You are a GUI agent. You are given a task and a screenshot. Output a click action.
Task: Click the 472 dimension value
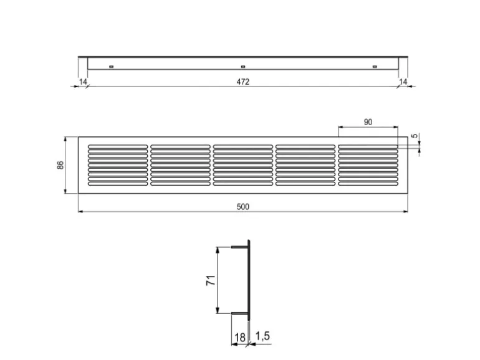point(243,82)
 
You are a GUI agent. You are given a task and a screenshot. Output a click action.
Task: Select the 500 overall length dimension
point(243,207)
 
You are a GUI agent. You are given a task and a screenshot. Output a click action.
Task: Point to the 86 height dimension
point(60,166)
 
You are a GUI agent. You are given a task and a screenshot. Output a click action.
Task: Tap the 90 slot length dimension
point(368,122)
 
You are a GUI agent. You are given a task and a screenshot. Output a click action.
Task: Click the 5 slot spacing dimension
point(414,136)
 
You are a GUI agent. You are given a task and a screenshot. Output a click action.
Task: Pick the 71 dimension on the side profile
point(210,281)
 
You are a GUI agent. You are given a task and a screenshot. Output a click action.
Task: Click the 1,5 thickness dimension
point(262,336)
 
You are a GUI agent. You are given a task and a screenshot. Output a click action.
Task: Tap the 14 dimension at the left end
point(83,82)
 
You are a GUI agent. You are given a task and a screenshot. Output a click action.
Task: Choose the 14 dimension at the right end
point(403,82)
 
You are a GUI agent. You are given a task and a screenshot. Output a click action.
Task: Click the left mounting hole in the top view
point(112,67)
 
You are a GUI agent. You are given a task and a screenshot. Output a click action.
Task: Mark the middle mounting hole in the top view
point(243,67)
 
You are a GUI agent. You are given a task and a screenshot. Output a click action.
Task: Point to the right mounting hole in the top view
point(375,67)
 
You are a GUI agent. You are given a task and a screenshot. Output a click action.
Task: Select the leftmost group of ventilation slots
point(118,166)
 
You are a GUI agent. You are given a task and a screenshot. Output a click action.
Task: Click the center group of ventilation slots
point(243,166)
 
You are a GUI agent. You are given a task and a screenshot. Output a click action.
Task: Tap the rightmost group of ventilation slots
point(368,166)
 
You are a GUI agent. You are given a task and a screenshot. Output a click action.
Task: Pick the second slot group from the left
point(180,166)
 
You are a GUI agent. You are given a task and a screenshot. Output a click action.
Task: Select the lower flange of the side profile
point(239,313)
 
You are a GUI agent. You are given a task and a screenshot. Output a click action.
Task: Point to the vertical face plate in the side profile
point(249,280)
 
